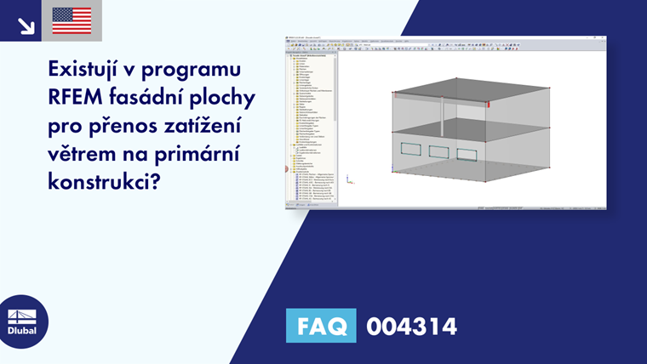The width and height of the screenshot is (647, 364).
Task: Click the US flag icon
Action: pos(72,20)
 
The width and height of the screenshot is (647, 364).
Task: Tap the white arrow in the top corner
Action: pos(25,26)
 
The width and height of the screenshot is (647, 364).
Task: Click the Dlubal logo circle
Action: pos(23,321)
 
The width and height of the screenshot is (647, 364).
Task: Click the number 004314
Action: pos(411,326)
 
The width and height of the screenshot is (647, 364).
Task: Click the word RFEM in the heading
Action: pos(80,100)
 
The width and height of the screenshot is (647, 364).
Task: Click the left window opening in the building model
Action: pos(410,150)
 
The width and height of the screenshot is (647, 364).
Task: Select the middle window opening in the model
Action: pos(439,151)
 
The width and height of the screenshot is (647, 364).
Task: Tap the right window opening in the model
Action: pos(467,154)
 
